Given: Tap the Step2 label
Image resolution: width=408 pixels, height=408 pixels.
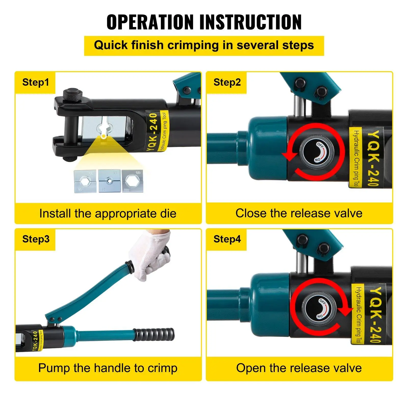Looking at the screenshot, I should pos(227,82).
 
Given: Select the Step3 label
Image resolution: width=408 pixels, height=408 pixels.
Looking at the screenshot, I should pos(36,239).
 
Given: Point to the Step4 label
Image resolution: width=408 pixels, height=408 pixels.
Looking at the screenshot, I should pos(227,239).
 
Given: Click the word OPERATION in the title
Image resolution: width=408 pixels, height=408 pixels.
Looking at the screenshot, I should pos(150,22).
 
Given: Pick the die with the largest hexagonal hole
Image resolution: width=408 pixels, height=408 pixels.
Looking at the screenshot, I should pos(132,181).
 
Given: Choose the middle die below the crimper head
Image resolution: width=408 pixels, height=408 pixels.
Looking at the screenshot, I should pos(109,181).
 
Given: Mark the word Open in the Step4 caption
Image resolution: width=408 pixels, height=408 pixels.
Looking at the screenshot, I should pos(251,368).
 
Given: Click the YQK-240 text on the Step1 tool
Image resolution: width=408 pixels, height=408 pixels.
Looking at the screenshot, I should pos(153,132).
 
